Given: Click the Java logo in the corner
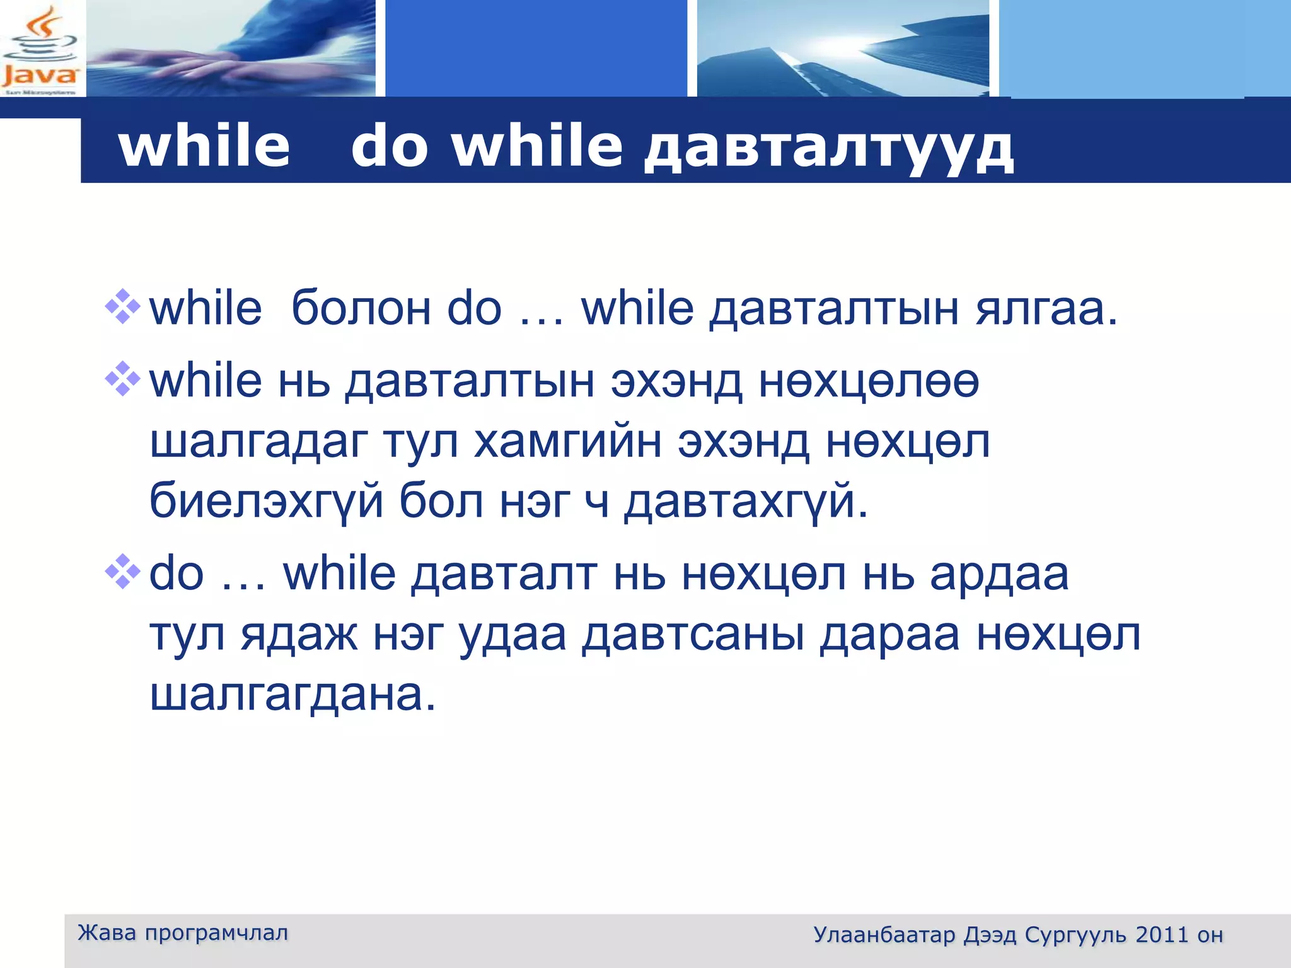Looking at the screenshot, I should point(40,49).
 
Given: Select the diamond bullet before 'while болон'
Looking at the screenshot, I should point(123,307).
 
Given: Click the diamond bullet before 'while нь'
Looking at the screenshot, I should point(123,379).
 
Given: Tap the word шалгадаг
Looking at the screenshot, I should point(258,442).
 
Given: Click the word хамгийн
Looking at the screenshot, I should point(567,442).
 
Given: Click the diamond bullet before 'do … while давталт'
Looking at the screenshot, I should point(123,572).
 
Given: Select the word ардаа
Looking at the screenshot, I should point(999,575).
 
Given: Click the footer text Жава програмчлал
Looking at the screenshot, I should point(183,933).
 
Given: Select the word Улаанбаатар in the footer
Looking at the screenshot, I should point(884,935).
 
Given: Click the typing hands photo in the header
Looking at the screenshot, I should point(231,49).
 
